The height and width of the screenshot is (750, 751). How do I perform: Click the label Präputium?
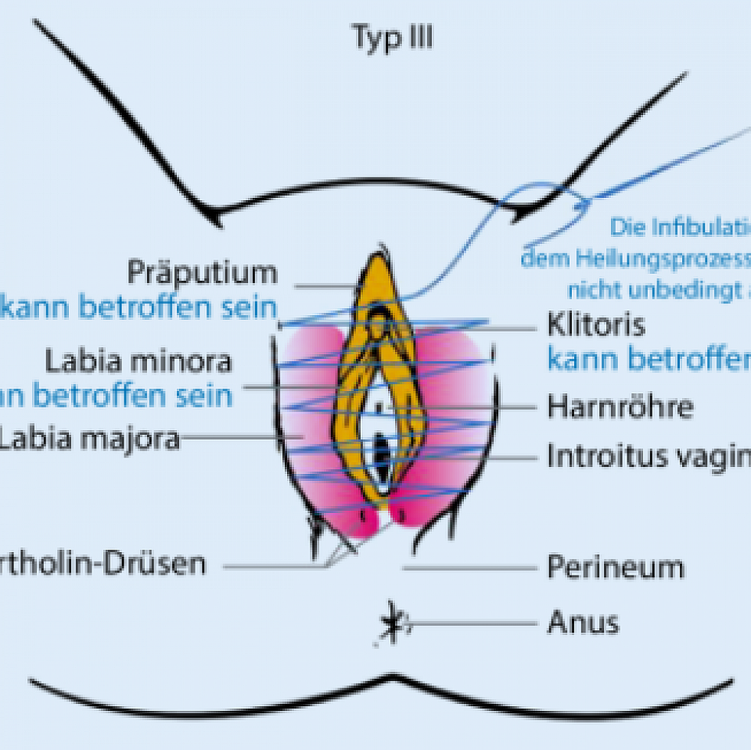pos(202,273)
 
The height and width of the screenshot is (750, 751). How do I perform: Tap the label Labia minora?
pos(138,361)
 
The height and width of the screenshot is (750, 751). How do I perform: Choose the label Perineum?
pos(615,567)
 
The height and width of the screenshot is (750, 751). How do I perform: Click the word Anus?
pos(582,623)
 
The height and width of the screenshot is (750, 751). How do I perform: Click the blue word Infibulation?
pos(680,228)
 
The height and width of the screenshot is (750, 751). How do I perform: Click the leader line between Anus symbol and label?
pos(469,623)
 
